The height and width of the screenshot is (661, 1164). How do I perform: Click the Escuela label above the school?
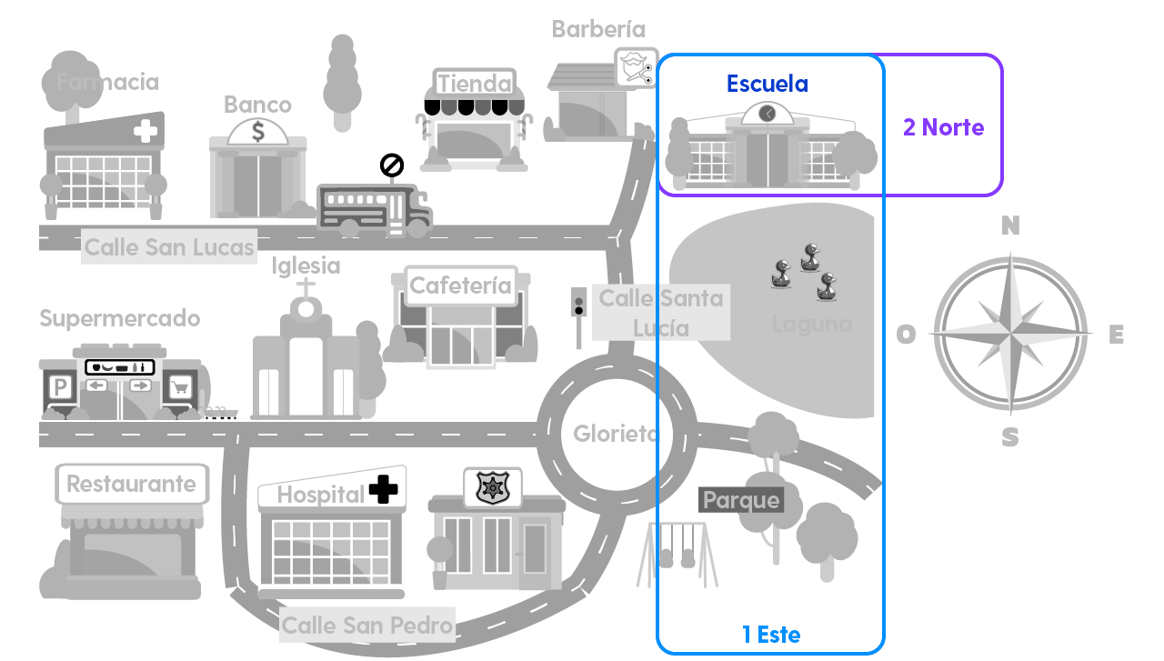click(x=767, y=84)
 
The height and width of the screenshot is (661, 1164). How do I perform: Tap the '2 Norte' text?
click(x=943, y=127)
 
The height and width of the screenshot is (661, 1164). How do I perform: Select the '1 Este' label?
click(x=771, y=635)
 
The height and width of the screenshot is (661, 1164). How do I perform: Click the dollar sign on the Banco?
click(x=258, y=132)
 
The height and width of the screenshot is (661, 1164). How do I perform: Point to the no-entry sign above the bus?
click(x=391, y=165)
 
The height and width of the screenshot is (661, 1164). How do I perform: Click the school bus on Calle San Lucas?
click(x=374, y=209)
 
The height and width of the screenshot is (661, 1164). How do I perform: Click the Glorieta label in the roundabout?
click(x=615, y=434)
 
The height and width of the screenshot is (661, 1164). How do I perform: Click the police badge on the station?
click(x=492, y=487)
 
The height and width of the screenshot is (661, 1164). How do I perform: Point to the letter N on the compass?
click(x=1010, y=226)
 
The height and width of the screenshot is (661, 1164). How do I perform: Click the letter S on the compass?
click(x=1010, y=438)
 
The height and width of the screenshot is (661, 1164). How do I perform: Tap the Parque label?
click(x=741, y=500)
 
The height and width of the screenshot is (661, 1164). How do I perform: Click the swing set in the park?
click(x=682, y=550)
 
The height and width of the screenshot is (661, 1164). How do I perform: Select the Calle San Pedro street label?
click(x=366, y=626)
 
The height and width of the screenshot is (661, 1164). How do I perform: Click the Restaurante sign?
click(x=131, y=484)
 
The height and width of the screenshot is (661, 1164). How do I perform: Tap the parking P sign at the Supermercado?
click(x=61, y=388)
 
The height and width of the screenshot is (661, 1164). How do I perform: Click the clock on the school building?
click(x=768, y=113)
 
